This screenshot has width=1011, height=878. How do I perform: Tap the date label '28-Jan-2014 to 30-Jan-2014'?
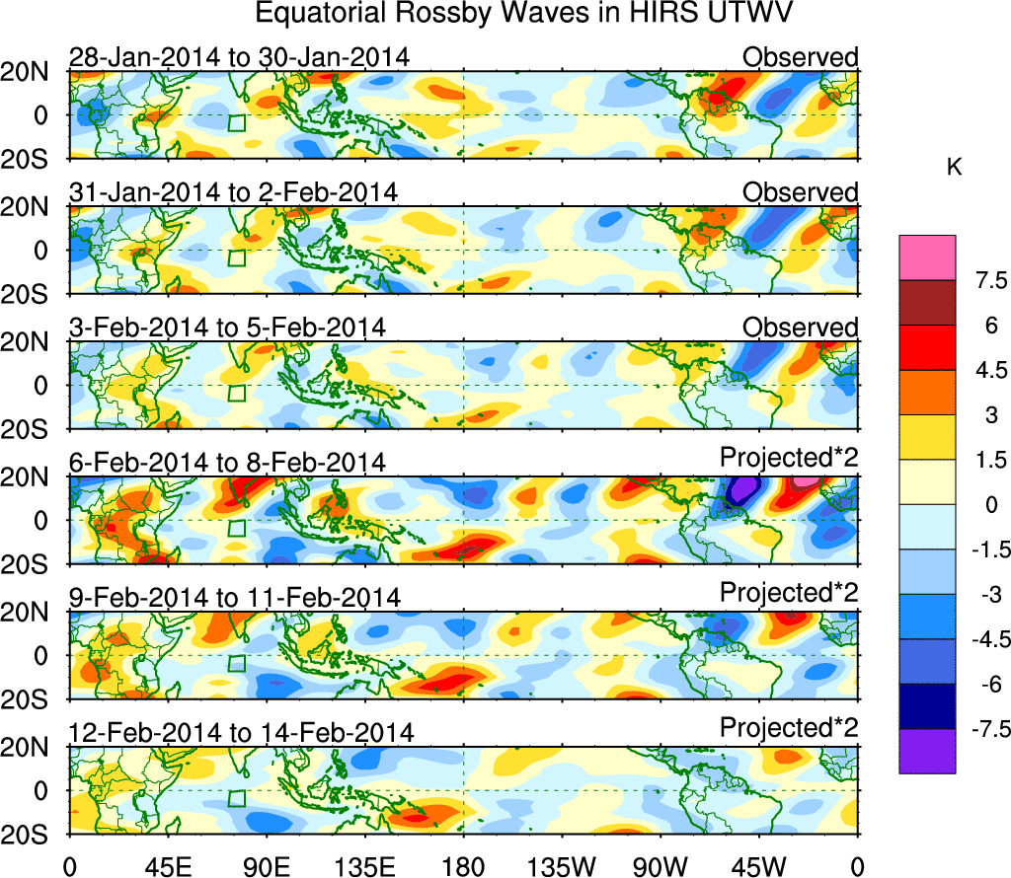239,57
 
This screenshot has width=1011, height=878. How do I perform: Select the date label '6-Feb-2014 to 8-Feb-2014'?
227,463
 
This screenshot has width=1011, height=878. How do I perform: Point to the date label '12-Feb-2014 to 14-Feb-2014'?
241,733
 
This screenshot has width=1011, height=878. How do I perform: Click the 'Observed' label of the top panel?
801,57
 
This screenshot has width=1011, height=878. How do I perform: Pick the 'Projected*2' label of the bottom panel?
789,729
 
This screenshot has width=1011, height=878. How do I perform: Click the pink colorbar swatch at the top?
927,257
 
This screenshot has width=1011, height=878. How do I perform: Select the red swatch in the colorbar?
927,347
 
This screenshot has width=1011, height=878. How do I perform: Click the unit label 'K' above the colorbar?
954,169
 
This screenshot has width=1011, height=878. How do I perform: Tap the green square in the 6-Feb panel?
236,528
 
